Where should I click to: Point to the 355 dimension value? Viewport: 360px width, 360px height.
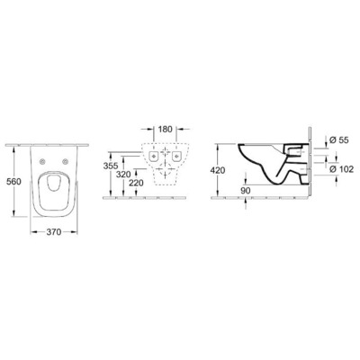109,167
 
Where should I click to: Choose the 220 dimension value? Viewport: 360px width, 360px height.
135,184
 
